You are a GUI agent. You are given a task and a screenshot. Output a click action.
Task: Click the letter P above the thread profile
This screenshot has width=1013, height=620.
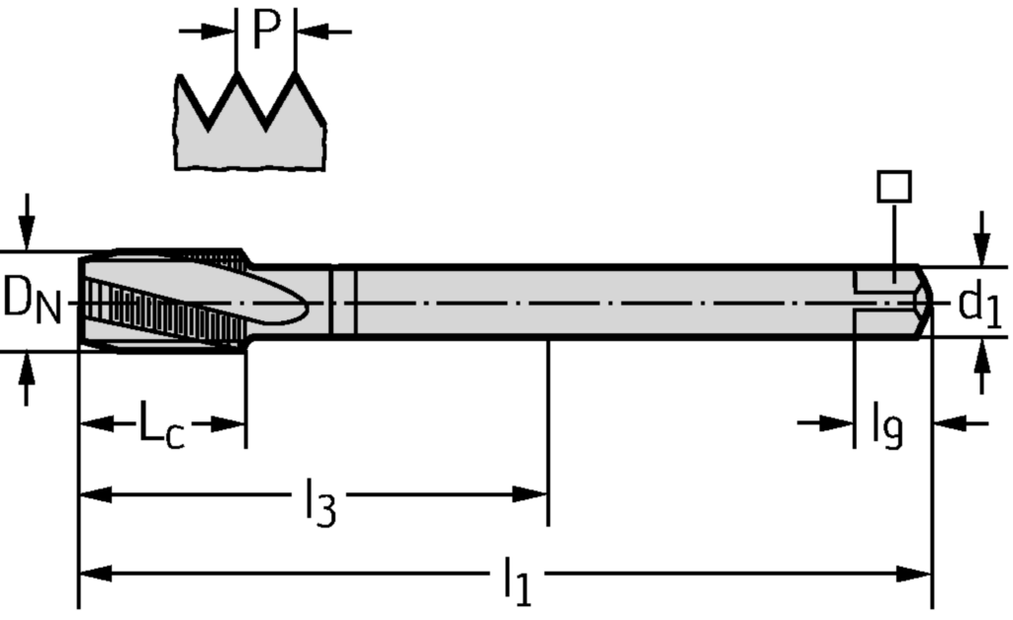[266, 30]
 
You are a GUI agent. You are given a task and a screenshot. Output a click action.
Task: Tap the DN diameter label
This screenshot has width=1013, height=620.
[32, 301]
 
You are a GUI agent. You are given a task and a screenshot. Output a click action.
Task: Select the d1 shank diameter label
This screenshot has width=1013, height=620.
[979, 305]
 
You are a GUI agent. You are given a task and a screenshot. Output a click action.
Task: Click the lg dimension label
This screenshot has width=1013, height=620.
[886, 427]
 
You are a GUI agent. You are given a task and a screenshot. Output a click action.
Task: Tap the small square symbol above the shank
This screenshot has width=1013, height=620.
[894, 187]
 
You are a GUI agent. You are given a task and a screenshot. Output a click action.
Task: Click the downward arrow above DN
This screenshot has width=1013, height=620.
[28, 232]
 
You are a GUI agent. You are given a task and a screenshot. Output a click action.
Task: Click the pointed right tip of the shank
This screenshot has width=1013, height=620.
[931, 302]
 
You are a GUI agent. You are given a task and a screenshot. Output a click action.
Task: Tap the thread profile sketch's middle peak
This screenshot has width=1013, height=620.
[266, 79]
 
